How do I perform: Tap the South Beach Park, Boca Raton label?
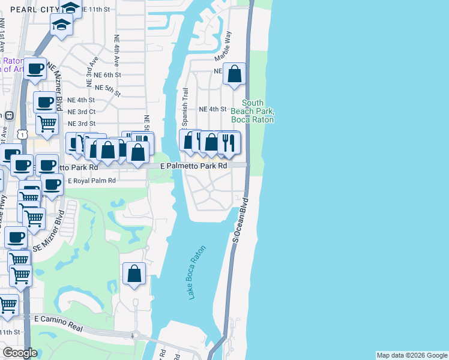coord(258,112)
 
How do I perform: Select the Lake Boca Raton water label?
coord(197,272)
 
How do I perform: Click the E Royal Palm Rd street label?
coord(91,181)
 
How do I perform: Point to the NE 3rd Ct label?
coord(82,112)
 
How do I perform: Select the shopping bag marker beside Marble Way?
coord(235,74)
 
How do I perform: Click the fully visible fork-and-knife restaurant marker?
coord(228,142)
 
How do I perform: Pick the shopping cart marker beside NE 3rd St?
coord(47,124)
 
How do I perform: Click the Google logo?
coord(20,353)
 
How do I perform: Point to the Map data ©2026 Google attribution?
coord(412,355)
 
